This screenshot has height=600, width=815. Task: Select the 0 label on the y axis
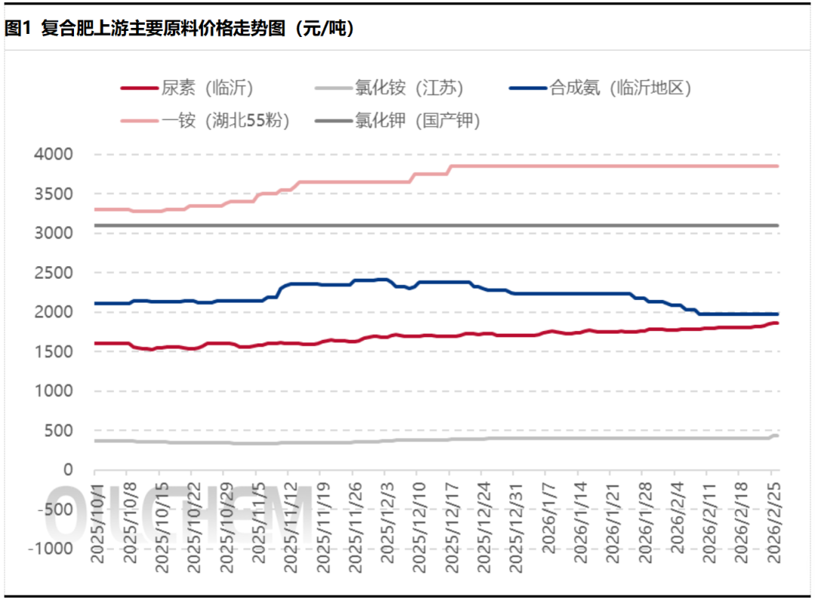point(68,470)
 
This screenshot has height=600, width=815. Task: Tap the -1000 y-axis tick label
point(50,548)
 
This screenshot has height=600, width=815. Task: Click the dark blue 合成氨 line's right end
point(777,314)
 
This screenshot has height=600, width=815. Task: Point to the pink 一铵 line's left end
point(96,209)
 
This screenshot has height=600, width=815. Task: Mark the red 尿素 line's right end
point(777,323)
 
